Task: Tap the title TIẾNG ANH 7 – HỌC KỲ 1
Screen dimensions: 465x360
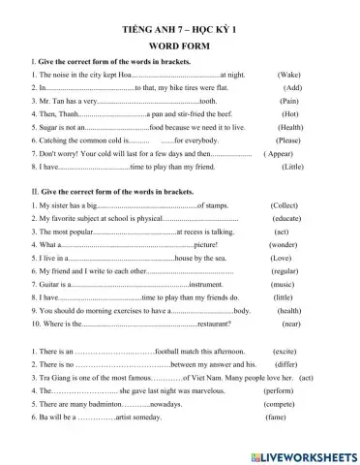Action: click(180, 28)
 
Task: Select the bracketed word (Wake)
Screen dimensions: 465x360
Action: click(288, 74)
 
